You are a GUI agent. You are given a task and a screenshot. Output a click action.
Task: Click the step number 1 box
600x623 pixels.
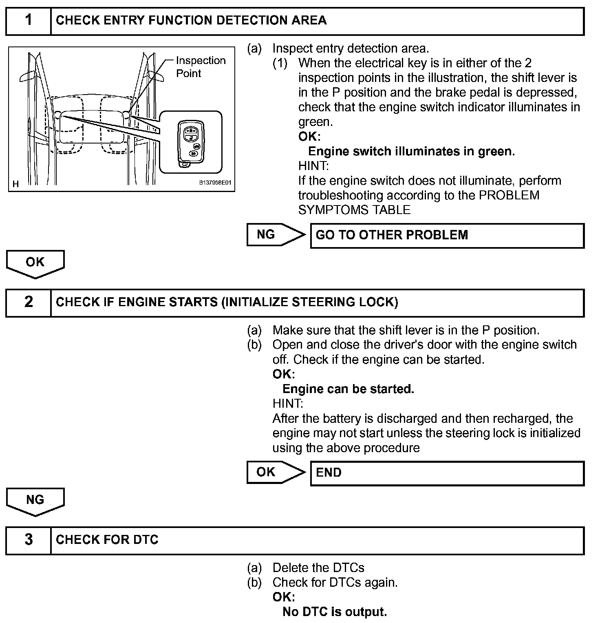29,20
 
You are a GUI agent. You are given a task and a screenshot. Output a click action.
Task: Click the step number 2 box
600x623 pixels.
29,302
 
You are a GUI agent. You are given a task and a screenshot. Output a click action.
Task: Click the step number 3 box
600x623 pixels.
29,540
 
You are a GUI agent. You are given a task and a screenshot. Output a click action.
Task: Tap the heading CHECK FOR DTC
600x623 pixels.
107,540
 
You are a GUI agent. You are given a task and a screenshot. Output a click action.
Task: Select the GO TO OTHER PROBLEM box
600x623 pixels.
447,235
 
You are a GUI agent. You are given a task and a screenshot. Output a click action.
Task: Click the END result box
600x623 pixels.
447,473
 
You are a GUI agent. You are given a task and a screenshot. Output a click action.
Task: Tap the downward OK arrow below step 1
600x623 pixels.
35,263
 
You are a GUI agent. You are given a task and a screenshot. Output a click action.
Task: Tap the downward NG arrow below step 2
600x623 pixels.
35,501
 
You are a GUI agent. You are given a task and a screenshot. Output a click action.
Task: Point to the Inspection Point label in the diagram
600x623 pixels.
201,67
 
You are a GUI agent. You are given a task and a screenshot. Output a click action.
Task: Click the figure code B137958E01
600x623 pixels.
215,183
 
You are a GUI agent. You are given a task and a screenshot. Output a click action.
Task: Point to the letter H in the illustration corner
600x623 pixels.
16,184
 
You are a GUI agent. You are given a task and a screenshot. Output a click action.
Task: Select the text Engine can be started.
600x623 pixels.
348,389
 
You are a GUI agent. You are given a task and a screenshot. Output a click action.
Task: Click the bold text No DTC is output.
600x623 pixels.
334,612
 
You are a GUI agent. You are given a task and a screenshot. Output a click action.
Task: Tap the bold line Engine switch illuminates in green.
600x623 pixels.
411,151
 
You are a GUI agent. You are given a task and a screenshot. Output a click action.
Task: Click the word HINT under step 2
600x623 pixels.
287,404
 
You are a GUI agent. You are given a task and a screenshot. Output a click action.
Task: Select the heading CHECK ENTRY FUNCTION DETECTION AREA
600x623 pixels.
191,20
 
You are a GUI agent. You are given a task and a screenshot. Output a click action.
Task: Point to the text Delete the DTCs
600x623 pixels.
318,568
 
